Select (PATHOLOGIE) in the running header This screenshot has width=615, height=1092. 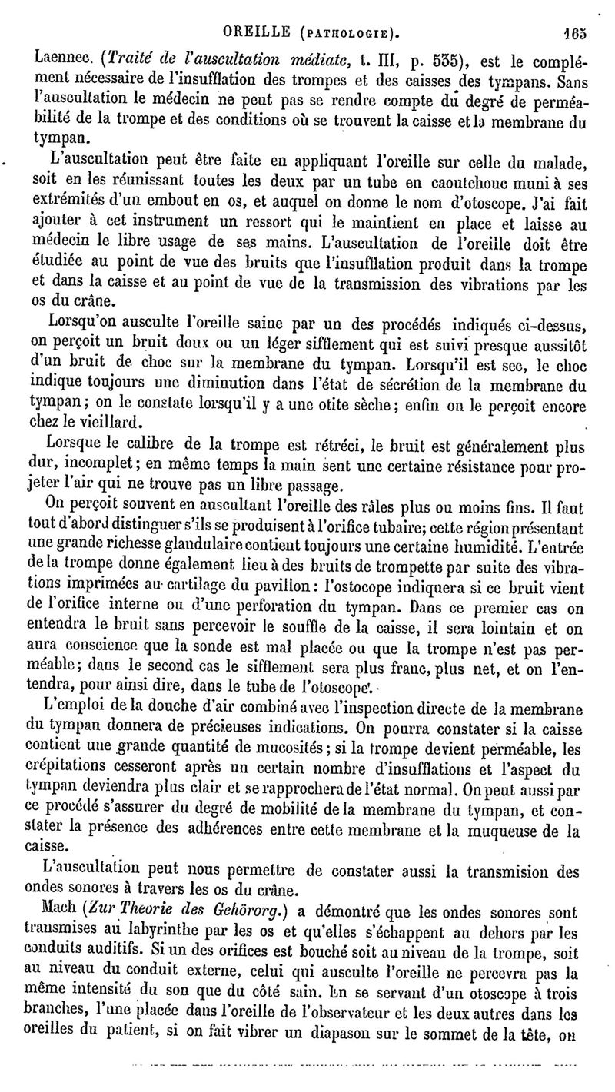coord(351,32)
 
